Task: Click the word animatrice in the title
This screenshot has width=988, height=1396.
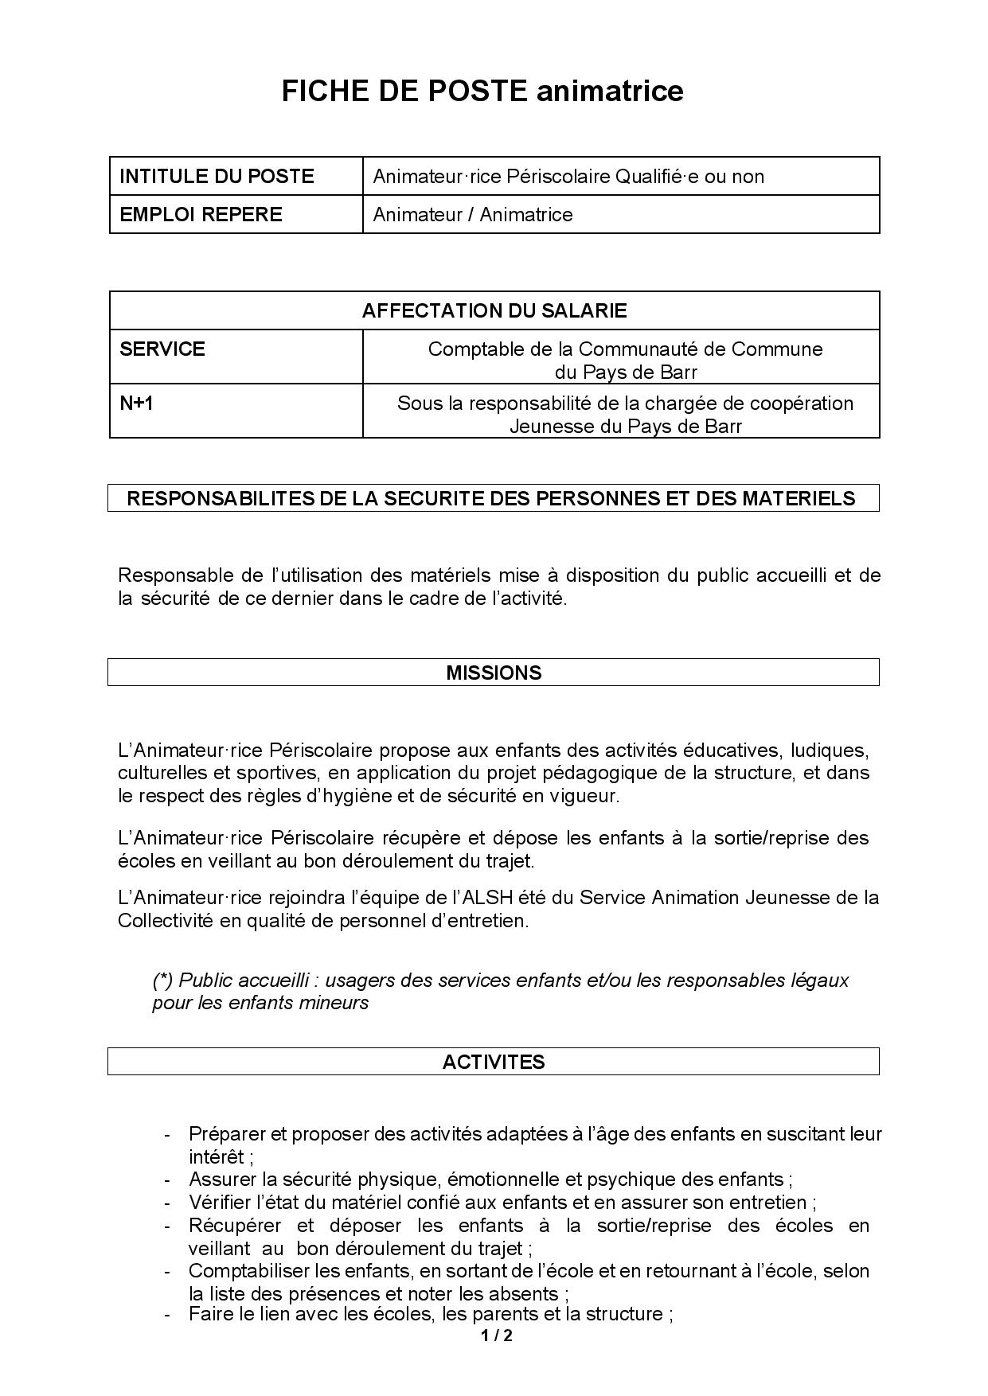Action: pyautogui.click(x=609, y=92)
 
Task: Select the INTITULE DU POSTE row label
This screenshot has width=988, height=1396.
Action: pyautogui.click(x=217, y=176)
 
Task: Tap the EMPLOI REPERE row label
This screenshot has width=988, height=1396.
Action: pyautogui.click(x=201, y=214)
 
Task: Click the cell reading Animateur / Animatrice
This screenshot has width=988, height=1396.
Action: pyautogui.click(x=473, y=214)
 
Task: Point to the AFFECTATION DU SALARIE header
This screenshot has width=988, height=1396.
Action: pyautogui.click(x=494, y=310)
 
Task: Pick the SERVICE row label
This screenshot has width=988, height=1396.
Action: pyautogui.click(x=162, y=349)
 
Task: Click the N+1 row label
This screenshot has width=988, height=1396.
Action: pyautogui.click(x=136, y=403)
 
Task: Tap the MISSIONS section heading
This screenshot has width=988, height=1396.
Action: pyautogui.click(x=494, y=673)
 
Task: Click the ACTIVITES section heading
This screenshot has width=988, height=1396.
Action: pyautogui.click(x=494, y=1062)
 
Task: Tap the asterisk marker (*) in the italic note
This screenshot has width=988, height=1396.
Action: pyautogui.click(x=162, y=980)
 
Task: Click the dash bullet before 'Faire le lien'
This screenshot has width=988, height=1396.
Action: pyautogui.click(x=167, y=1314)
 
